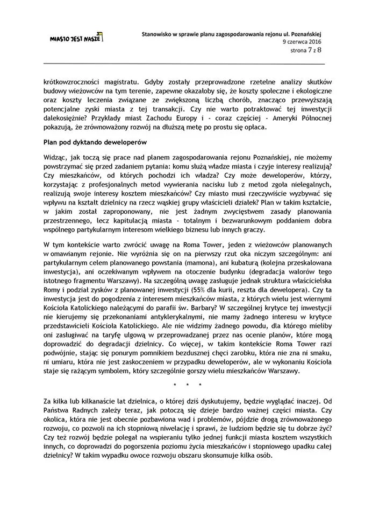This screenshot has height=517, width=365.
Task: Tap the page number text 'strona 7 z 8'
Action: (304, 51)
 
